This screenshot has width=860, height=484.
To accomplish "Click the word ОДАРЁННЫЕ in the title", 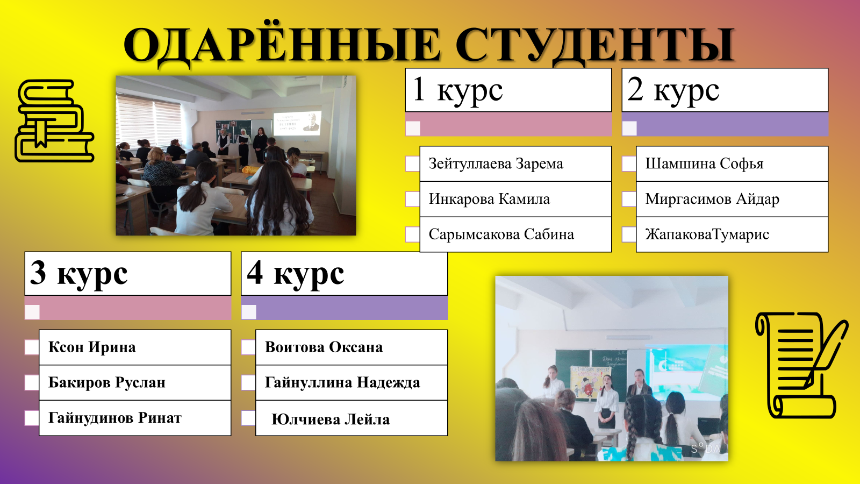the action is tap(282, 45).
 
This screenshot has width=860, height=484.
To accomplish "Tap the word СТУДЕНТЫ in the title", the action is tap(595, 45).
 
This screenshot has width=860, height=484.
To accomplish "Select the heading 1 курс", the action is tap(457, 91).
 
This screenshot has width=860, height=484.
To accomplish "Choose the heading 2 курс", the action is tap(673, 91).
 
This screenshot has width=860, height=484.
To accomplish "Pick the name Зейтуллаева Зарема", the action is tap(496, 163).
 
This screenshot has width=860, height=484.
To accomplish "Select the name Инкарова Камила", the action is tap(489, 199).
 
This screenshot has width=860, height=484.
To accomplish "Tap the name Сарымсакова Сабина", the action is tap(501, 234).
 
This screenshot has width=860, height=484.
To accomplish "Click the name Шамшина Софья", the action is tap(704, 164).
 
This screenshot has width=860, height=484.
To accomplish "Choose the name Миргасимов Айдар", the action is tap(712, 200).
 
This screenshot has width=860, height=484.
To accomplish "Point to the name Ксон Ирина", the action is tap(92, 347).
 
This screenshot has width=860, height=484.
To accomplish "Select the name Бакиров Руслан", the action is tap(107, 382).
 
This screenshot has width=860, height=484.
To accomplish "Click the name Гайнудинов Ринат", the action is tap(115, 418).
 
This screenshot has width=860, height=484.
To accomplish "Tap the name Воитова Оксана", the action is tap(324, 347).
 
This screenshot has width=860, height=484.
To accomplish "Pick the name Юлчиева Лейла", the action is tap(330, 419).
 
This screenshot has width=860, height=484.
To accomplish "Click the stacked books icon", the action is tap(54, 120).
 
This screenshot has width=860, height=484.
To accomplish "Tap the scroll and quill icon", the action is tap(801, 365).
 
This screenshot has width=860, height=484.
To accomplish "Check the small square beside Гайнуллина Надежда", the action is tap(248, 382).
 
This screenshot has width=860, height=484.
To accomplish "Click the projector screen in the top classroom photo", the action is tap(296, 123).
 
